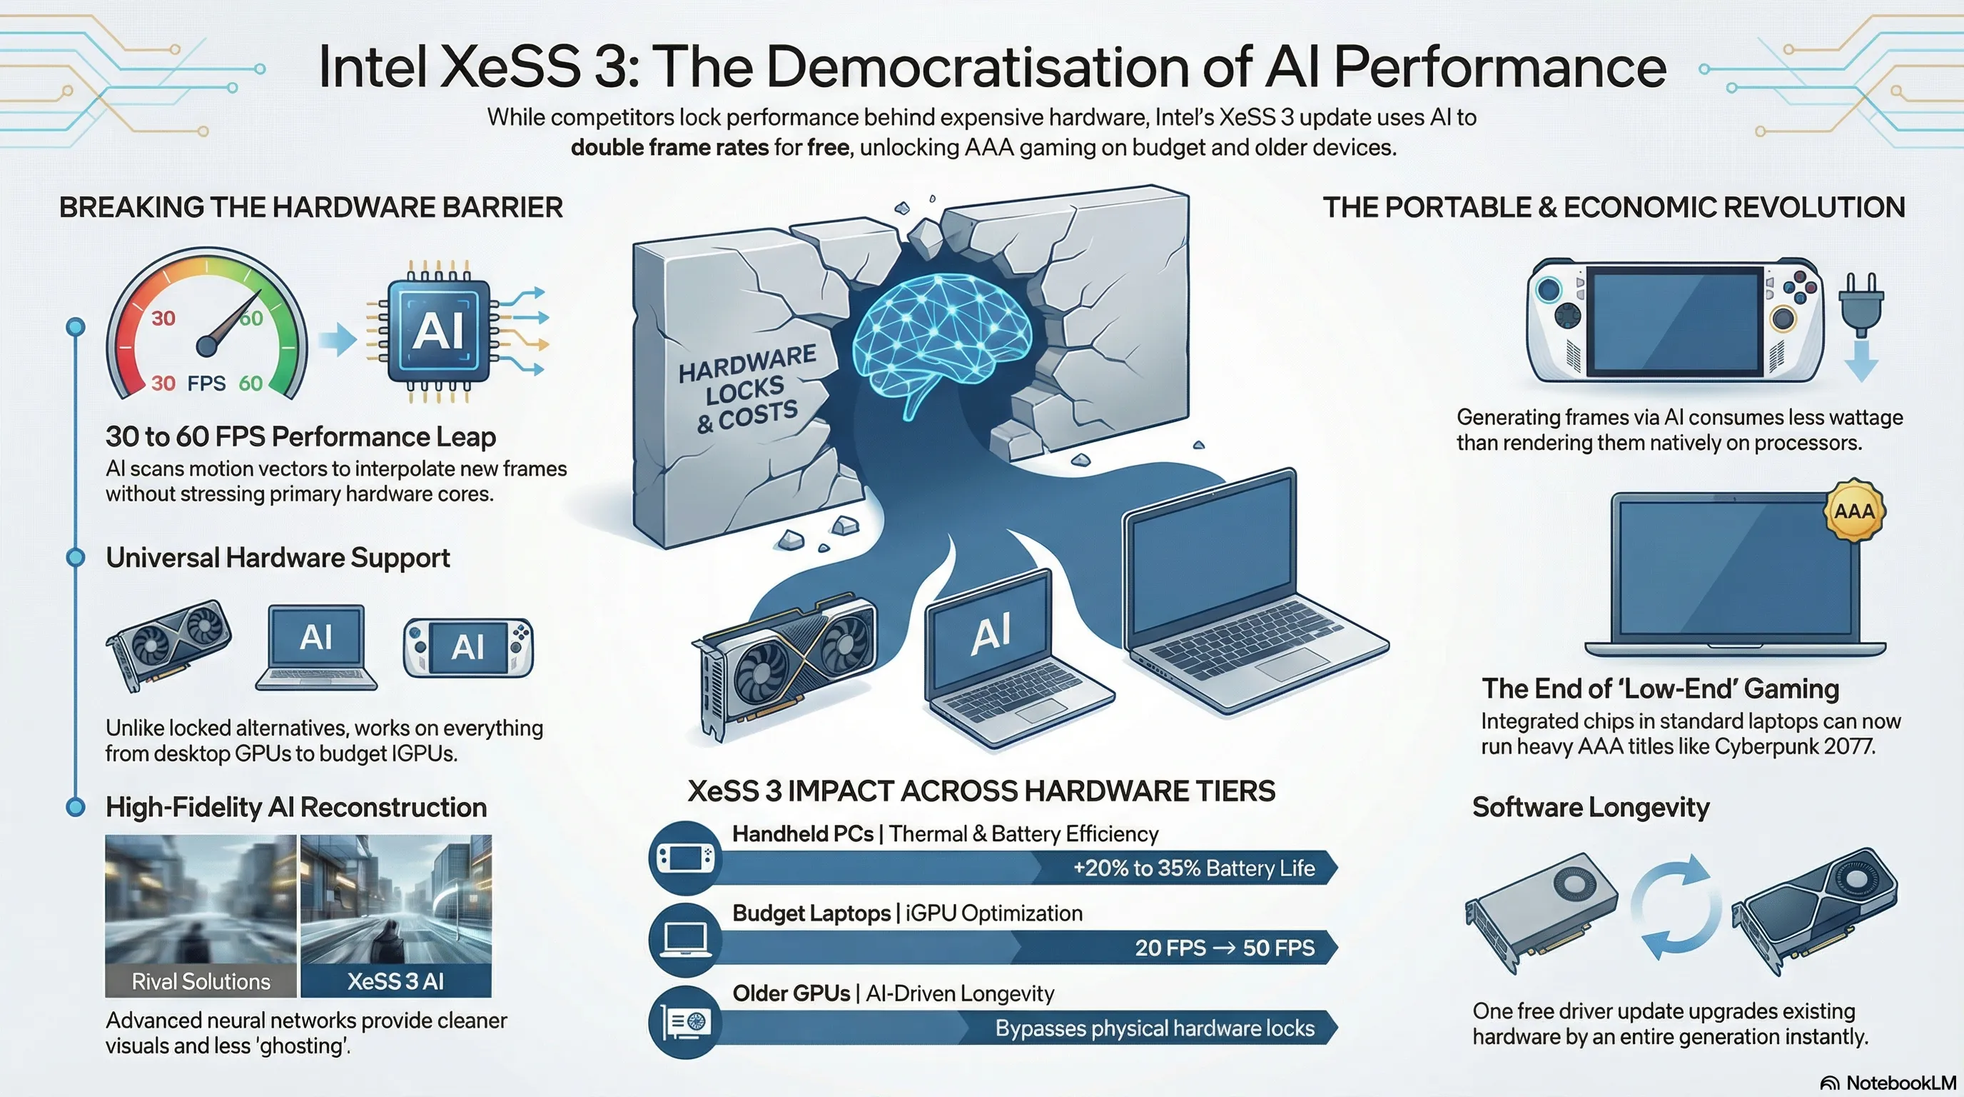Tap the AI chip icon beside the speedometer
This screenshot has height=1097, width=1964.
[438, 331]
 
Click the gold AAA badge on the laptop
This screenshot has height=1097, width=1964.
[1853, 511]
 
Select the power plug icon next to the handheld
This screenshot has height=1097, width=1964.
[1861, 305]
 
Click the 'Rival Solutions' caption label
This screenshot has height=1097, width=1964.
[201, 981]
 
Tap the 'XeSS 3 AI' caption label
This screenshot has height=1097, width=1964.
[395, 981]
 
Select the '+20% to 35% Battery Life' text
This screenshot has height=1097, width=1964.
[1193, 868]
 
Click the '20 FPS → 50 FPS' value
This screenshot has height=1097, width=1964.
[1225, 948]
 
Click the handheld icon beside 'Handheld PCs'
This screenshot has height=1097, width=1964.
[684, 858]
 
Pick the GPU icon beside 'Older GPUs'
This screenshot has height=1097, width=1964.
[684, 1021]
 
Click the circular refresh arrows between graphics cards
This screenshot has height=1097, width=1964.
[1676, 907]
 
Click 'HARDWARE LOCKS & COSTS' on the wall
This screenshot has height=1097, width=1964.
[746, 390]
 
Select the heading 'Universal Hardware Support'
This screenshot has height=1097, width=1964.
[278, 558]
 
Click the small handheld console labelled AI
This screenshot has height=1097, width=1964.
[467, 648]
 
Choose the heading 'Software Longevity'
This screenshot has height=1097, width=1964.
[1591, 807]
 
